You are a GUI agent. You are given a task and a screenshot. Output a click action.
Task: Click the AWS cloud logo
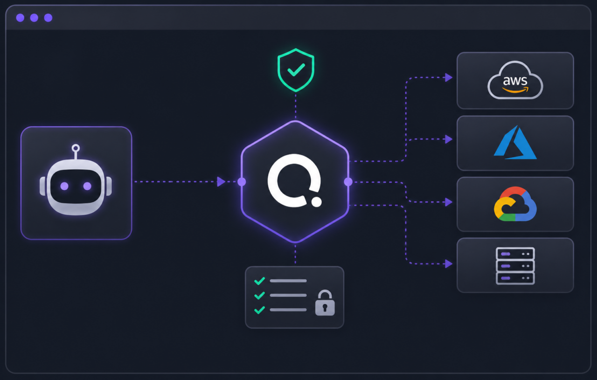click(x=515, y=80)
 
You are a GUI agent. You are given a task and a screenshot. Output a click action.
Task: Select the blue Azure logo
click(x=515, y=143)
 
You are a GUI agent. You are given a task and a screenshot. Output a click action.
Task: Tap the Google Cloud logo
click(x=515, y=204)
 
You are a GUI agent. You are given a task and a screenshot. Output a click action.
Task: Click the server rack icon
click(x=515, y=266)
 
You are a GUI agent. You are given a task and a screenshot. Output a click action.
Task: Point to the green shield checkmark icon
click(x=296, y=70)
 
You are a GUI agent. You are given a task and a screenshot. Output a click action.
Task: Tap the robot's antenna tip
click(x=76, y=148)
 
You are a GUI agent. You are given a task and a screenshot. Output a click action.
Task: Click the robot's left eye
click(x=64, y=186)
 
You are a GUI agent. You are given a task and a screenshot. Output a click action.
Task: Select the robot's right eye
click(x=87, y=186)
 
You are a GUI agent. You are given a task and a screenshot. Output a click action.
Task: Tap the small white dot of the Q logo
click(x=316, y=202)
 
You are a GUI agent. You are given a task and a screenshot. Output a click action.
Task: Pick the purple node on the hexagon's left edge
click(x=242, y=182)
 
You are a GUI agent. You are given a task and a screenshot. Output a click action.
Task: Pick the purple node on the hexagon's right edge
click(x=348, y=182)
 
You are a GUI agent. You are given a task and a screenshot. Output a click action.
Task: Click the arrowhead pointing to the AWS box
click(x=449, y=77)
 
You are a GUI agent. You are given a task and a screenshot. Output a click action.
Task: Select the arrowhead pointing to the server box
click(x=449, y=264)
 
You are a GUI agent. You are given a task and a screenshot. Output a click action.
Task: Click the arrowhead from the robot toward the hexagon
click(x=221, y=182)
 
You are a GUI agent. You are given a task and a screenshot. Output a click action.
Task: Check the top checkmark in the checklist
click(x=259, y=281)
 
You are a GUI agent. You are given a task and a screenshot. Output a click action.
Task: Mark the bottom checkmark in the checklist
click(x=259, y=310)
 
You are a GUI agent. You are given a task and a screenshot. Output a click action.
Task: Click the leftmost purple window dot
click(x=20, y=18)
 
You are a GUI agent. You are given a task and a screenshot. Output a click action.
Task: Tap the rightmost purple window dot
click(x=48, y=18)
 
